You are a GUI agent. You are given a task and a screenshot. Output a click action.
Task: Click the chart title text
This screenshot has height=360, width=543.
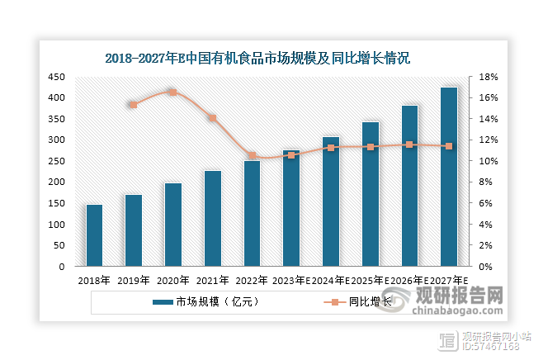point(257,59)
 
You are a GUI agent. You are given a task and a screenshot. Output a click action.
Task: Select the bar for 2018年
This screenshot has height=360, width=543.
point(94,235)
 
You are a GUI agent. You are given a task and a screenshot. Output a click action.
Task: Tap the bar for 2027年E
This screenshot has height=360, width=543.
point(448,177)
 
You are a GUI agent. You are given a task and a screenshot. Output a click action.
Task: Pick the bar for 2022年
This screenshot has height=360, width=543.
point(252,213)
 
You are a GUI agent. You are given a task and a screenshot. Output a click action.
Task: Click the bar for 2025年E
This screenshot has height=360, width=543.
point(370,194)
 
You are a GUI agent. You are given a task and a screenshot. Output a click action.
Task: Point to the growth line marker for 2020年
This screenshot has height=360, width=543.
point(172,92)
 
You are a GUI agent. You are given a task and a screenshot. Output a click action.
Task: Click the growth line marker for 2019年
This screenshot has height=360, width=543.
point(133,105)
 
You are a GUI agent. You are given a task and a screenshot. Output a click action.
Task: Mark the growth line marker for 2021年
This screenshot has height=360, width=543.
point(212,118)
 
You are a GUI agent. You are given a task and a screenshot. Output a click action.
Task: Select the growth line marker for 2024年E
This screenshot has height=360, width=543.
point(331,148)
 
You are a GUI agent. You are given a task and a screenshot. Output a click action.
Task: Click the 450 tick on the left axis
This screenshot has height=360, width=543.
point(56,77)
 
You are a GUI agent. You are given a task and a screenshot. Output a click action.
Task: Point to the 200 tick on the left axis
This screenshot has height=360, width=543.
point(56,182)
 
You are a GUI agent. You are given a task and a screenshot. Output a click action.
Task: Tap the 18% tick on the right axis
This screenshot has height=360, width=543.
point(488,77)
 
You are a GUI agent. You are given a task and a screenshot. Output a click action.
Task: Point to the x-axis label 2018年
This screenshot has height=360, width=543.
point(94,280)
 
